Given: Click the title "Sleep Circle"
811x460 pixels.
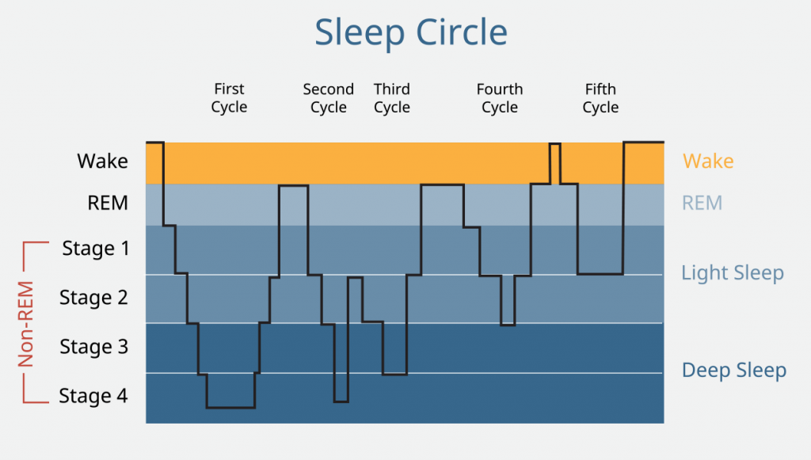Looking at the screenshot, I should pos(411,32).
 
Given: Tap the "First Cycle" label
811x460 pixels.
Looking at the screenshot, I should pos(229,98).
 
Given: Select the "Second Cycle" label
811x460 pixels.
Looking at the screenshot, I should pos(328,98).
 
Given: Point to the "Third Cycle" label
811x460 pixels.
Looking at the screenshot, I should pos(392,98).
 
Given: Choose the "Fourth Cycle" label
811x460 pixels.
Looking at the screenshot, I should pos(500,98).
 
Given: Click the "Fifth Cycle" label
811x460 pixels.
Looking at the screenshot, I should pos(600,98).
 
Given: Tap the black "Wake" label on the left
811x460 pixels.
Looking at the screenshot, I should pos(102,162).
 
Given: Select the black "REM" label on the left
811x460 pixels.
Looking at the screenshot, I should pos(108,203).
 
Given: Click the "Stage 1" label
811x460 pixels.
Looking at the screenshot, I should pos(95,249).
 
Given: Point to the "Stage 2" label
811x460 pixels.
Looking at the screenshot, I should pos(93,298).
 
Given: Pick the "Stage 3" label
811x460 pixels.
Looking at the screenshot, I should pos(93,347).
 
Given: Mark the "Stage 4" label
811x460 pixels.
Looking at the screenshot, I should pos(93,396).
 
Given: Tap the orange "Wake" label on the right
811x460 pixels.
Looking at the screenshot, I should pos(708,162).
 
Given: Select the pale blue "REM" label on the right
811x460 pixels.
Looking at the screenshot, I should pos(702,203).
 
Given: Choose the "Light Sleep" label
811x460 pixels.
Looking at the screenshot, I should pos(733,273).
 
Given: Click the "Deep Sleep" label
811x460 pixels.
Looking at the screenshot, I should pos(734,371).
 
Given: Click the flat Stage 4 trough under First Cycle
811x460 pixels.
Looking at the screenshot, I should pos(230,407).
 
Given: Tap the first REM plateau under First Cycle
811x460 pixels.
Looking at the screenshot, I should pos(293,185).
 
